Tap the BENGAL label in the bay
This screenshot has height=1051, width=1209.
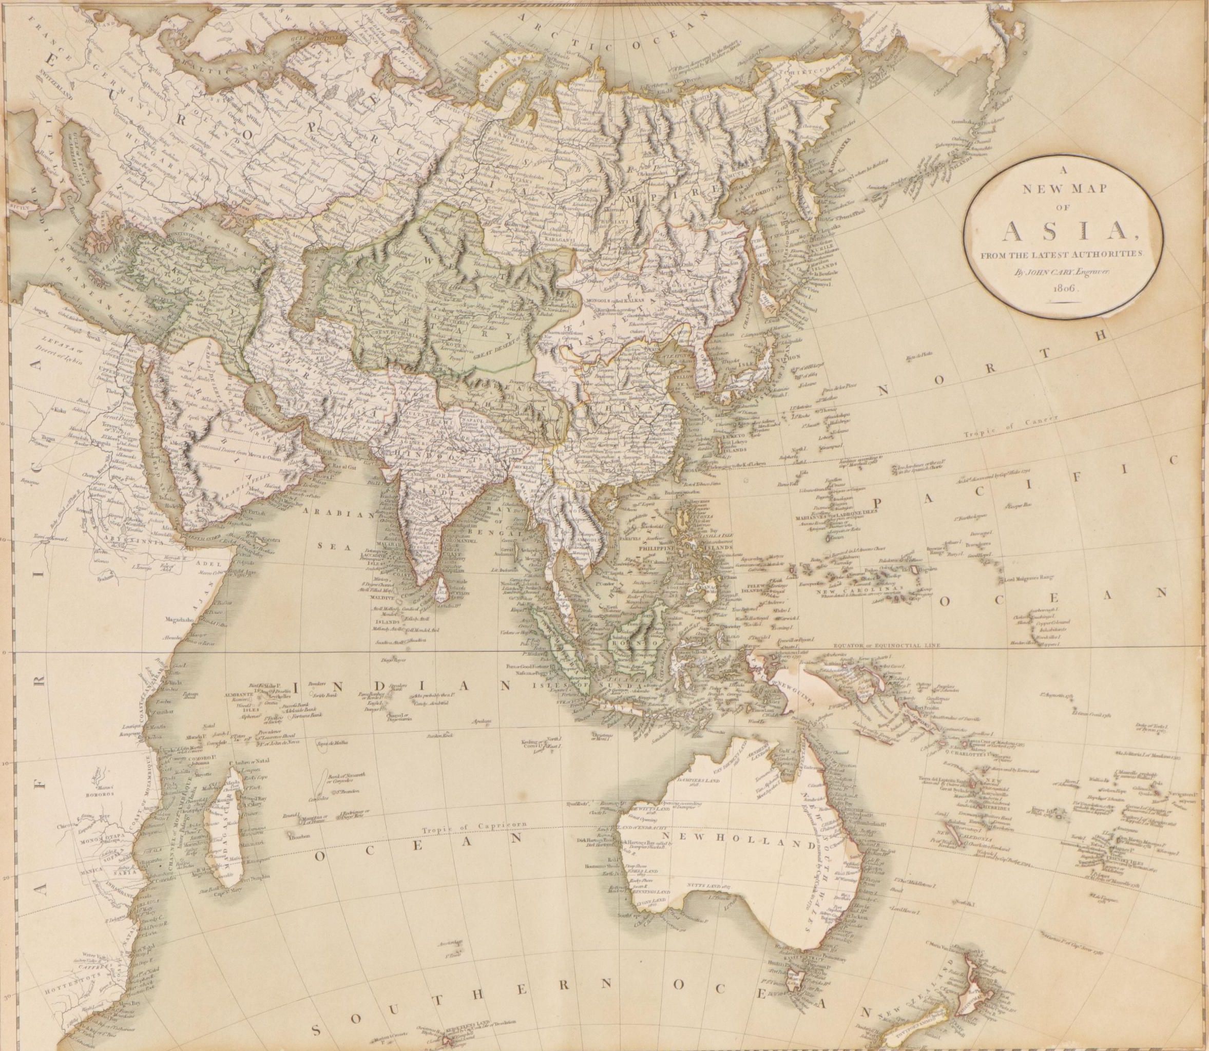pos(505,532)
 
